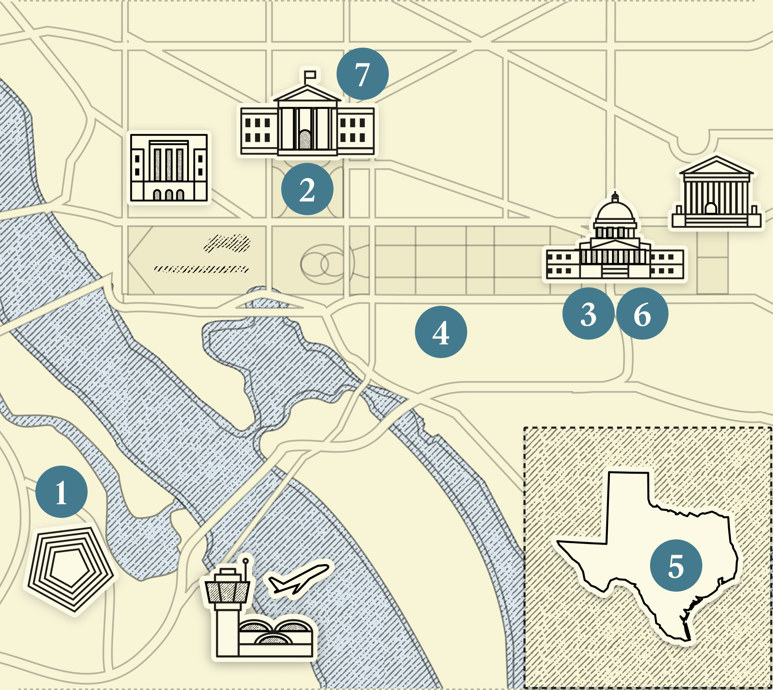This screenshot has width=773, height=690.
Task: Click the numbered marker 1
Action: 61,492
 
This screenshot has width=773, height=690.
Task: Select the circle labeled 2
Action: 307,189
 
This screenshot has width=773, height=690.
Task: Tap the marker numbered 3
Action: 588,313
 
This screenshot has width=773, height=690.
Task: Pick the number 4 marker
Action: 441,332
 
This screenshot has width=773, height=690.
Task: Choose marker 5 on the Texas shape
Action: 676,566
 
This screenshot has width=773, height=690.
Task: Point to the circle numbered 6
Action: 642,313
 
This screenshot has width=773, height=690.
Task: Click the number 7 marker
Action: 362,74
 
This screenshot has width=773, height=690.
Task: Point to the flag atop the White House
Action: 310,75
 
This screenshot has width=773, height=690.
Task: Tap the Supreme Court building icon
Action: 716,194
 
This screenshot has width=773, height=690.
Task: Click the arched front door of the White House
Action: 305,139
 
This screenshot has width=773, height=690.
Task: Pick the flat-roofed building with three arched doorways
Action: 169,168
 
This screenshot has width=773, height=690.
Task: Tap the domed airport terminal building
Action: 275,636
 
